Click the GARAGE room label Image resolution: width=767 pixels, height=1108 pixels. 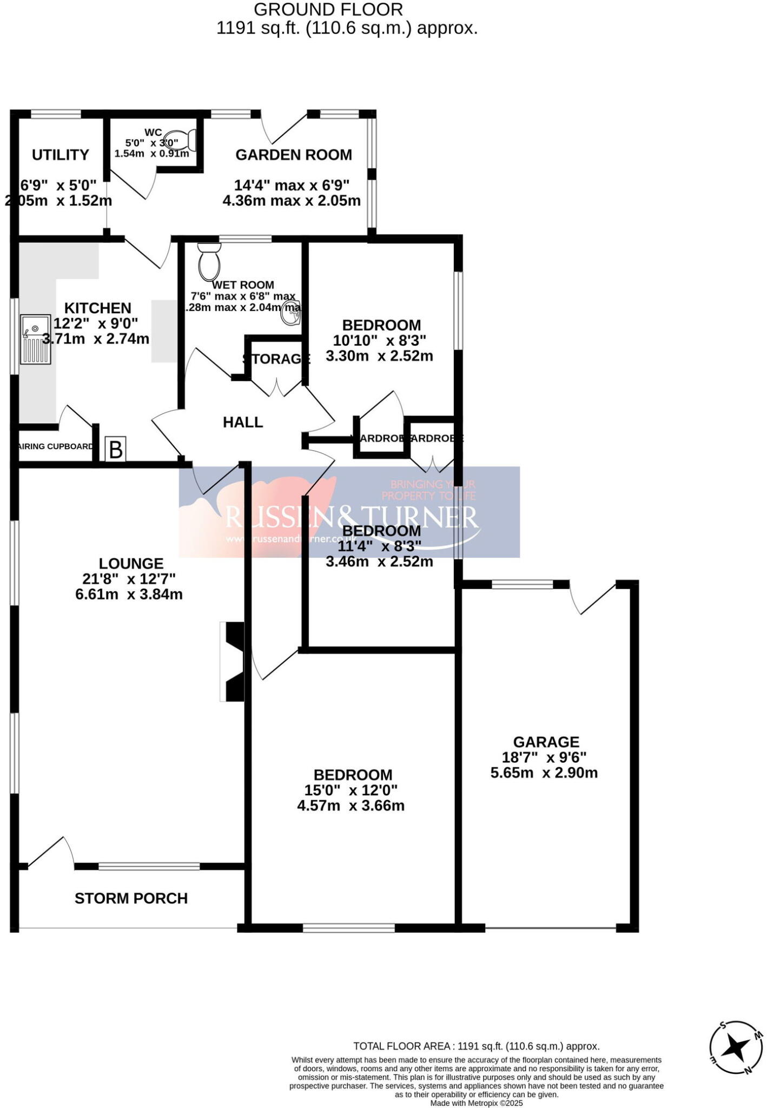coord(546,742)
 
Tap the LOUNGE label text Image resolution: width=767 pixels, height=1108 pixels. coord(131,564)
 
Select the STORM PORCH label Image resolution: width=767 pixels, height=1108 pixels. coord(131,899)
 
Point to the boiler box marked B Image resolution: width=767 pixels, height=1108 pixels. coord(116,450)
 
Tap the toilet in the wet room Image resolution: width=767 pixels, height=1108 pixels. coord(209,260)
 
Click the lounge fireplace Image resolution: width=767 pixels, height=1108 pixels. coord(233,661)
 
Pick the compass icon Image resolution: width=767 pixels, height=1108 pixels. coord(736,1047)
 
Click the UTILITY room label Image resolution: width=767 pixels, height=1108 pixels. coord(61,155)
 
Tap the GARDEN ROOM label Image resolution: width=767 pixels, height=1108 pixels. coord(294,155)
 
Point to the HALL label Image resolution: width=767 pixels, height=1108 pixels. coord(243,423)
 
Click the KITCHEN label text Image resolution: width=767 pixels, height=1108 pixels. coord(98,308)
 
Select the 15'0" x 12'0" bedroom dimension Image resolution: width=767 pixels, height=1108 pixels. coord(351,790)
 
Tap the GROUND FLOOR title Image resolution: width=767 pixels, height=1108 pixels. coord(328,9)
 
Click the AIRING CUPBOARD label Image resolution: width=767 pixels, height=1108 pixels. coord(56,447)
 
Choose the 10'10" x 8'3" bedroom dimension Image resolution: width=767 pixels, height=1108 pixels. coord(380,340)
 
